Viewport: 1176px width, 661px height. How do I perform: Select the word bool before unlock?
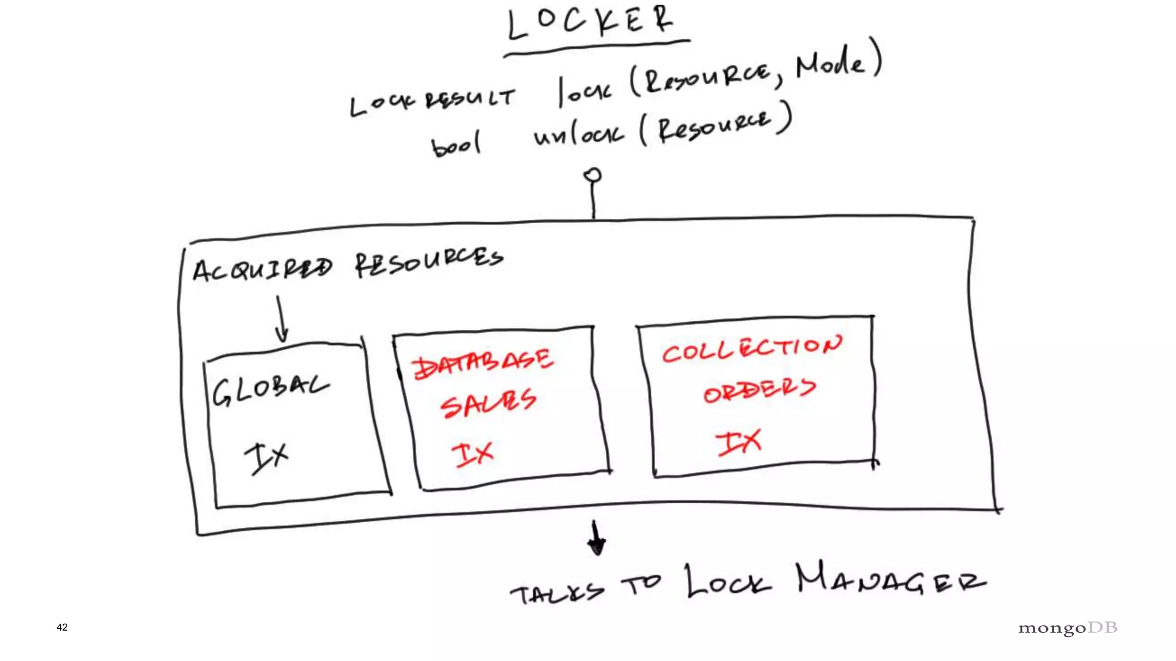click(456, 145)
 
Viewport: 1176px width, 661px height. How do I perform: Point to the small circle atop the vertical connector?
click(593, 175)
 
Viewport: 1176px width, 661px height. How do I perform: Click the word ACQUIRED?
click(262, 269)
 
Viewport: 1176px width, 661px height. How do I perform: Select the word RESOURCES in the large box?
click(428, 262)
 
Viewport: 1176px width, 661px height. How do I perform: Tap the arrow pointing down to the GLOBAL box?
click(281, 320)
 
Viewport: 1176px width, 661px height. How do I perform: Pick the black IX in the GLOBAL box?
click(266, 457)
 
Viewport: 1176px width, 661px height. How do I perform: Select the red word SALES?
click(488, 403)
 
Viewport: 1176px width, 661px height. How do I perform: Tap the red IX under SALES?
click(473, 454)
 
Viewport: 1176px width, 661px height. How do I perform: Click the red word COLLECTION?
click(752, 348)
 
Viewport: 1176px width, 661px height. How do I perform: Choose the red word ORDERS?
click(759, 390)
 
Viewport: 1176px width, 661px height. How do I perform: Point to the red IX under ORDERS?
click(738, 442)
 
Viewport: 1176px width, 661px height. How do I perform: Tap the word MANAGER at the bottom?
click(890, 580)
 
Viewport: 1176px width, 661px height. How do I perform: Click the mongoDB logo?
click(1067, 628)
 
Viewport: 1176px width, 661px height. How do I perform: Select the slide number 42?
click(62, 628)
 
